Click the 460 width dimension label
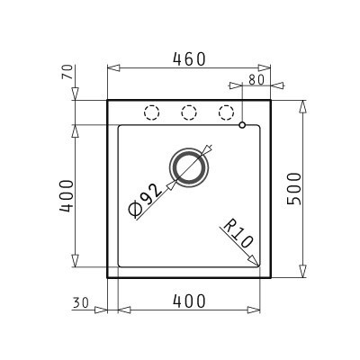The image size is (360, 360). pyautogui.click(x=190, y=59)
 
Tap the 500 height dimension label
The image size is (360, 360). pyautogui.click(x=293, y=189)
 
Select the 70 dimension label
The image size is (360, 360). pyautogui.click(x=67, y=72)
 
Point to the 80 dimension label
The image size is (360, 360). pyautogui.click(x=256, y=80)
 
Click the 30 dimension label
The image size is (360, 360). pyautogui.click(x=80, y=303)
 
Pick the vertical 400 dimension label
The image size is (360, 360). pyautogui.click(x=67, y=196)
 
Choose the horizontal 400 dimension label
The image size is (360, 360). pyautogui.click(x=190, y=301)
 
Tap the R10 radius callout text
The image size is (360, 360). pyautogui.click(x=238, y=233)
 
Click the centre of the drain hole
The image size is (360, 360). pyautogui.click(x=188, y=167)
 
